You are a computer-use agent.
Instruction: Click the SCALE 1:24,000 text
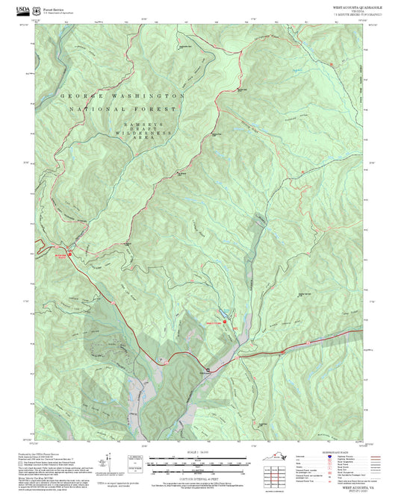[198, 452]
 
